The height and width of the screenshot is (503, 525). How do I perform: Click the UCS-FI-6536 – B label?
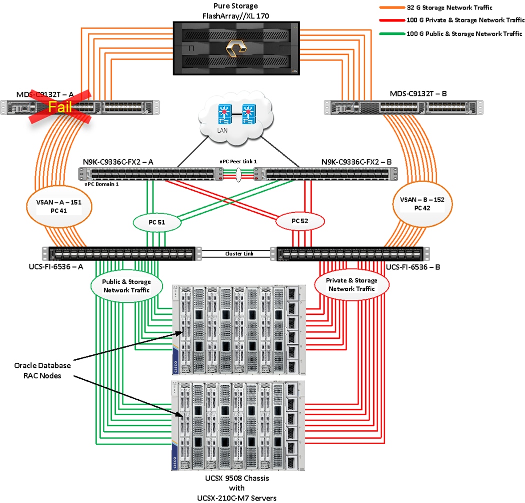(413, 267)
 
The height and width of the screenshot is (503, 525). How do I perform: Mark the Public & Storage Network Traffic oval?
(126, 286)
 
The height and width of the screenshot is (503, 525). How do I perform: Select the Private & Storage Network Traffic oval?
(352, 285)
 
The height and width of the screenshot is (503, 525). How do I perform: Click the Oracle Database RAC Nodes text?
(42, 370)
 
